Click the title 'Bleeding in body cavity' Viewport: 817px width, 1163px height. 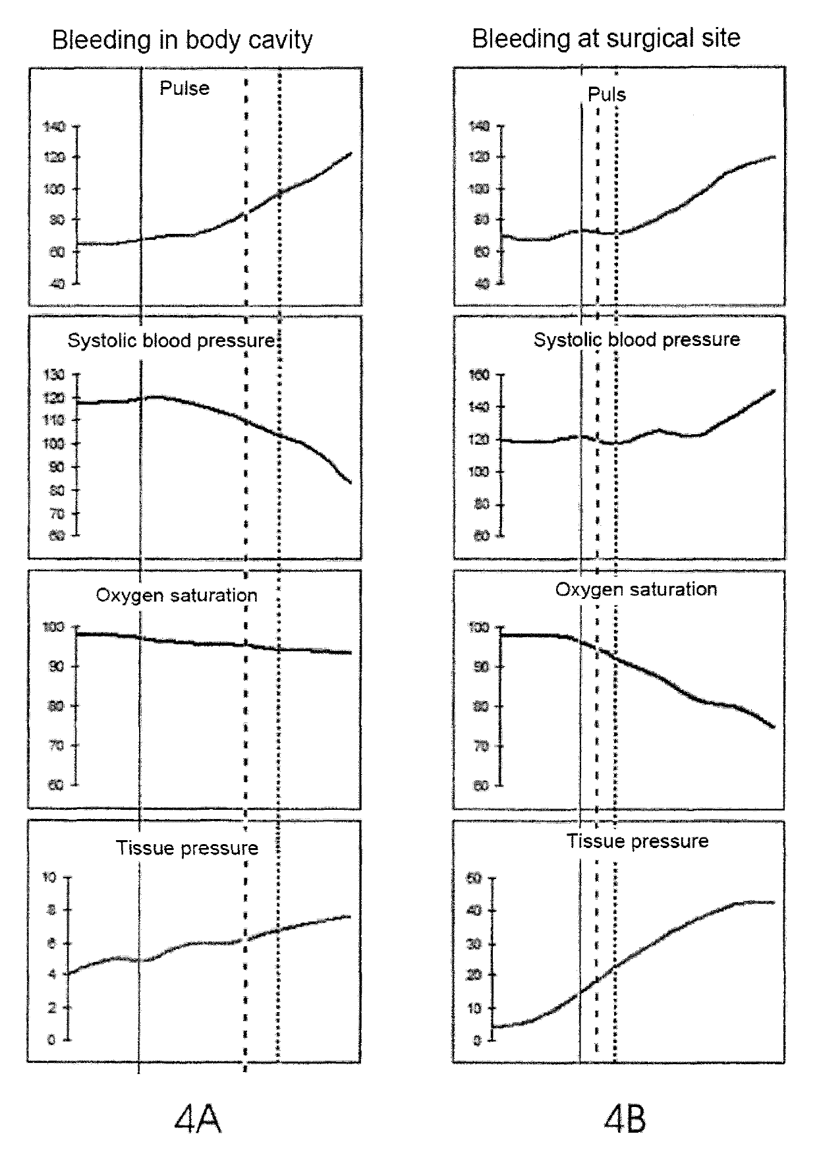coord(182,40)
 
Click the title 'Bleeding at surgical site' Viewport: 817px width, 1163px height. coord(606,38)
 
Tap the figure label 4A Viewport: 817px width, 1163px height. coord(197,1119)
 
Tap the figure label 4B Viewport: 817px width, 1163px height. coord(625,1119)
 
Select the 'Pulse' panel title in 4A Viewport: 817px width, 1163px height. coord(184,88)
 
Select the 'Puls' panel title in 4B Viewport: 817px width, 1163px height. coord(606,94)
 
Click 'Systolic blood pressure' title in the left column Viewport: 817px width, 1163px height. coord(171,341)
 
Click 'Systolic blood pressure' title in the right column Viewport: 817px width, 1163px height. coord(636,339)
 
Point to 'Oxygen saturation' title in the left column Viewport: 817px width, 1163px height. coord(177,595)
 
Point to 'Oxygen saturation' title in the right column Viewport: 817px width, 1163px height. coord(636,589)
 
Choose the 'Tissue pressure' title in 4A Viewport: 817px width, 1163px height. coord(187,848)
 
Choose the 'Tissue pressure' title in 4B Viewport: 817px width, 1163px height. coord(638,841)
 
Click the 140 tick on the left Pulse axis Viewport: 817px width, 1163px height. coord(54,126)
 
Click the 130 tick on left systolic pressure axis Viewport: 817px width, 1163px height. coord(54,375)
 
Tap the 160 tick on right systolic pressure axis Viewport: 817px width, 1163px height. coord(479,375)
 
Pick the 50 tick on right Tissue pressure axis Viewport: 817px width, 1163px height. coord(474,878)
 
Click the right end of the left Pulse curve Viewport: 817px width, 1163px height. coord(351,153)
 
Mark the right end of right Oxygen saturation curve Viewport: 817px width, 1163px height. coord(774,727)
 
